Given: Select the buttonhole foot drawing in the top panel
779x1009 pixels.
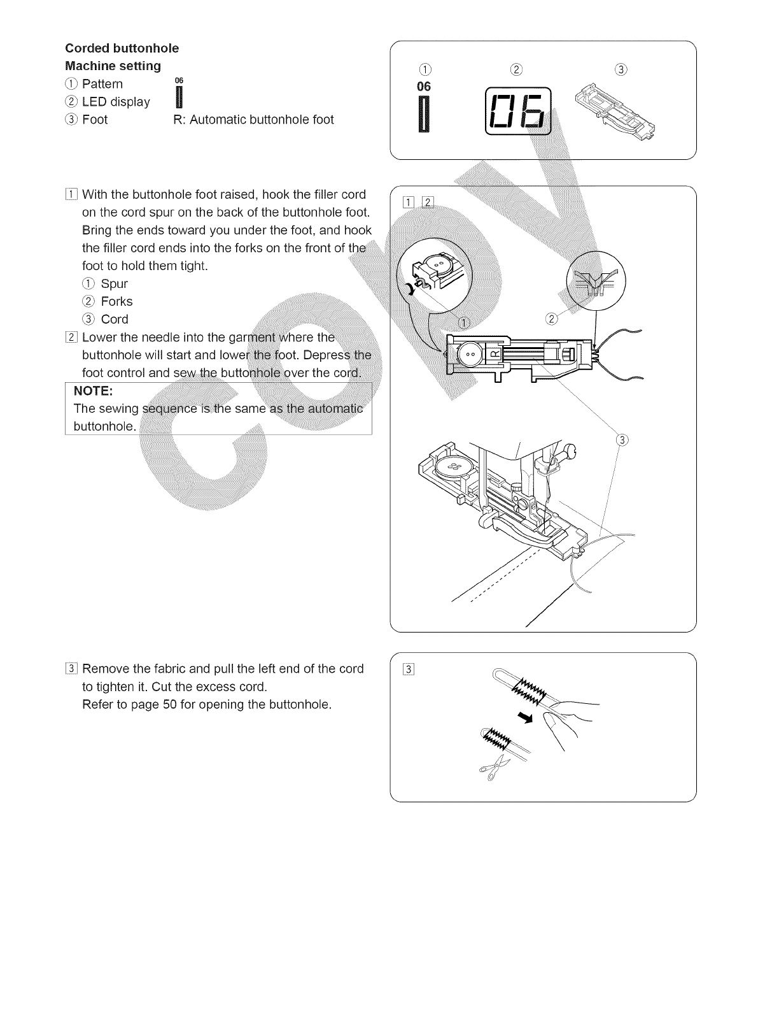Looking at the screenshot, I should click(617, 106).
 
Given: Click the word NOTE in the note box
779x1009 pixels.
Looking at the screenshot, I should click(94, 390).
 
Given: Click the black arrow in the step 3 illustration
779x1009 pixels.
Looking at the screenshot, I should click(525, 719).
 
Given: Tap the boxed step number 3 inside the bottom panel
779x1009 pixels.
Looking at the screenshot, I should click(409, 669).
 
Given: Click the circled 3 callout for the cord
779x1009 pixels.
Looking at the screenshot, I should click(622, 440).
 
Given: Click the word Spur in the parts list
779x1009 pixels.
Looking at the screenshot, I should click(114, 284).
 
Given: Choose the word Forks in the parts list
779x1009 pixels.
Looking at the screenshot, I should click(116, 302).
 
